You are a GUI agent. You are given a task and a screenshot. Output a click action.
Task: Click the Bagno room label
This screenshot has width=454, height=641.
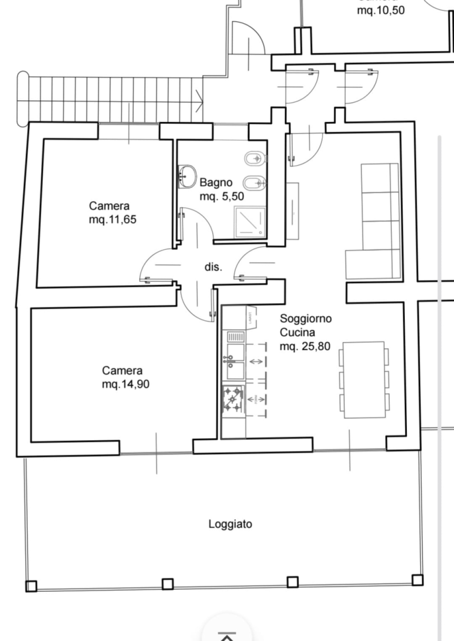tap(216, 182)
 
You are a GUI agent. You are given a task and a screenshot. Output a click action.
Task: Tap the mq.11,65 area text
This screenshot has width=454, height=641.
tap(113, 220)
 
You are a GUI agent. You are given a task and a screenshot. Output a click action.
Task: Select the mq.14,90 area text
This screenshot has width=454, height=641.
tap(125, 384)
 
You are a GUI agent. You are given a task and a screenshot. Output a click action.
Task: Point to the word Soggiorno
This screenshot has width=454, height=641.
tap(306, 318)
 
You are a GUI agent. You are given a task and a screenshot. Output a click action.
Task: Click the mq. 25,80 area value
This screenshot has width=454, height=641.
tap(305, 346)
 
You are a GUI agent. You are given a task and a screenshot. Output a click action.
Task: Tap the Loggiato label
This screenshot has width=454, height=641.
tap(230, 524)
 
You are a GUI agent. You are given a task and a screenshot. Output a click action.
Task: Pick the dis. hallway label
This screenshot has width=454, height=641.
tap(213, 267)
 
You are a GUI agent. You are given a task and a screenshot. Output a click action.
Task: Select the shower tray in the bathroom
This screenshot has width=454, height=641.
tap(249, 222)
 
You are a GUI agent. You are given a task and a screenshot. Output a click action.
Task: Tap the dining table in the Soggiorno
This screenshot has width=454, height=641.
tap(364, 379)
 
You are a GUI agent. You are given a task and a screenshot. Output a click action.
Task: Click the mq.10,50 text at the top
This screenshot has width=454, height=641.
tap(381, 10)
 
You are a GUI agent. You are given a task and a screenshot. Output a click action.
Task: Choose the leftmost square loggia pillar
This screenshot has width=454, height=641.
tap(31, 585)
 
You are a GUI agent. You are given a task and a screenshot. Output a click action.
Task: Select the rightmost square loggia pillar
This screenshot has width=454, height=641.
tap(417, 580)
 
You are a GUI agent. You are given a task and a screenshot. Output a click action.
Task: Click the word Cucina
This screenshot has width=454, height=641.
tap(297, 332)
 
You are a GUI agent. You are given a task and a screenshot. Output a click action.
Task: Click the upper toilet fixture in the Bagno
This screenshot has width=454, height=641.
tap(255, 159)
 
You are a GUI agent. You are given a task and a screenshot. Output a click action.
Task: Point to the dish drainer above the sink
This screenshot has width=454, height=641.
tap(235, 337)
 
